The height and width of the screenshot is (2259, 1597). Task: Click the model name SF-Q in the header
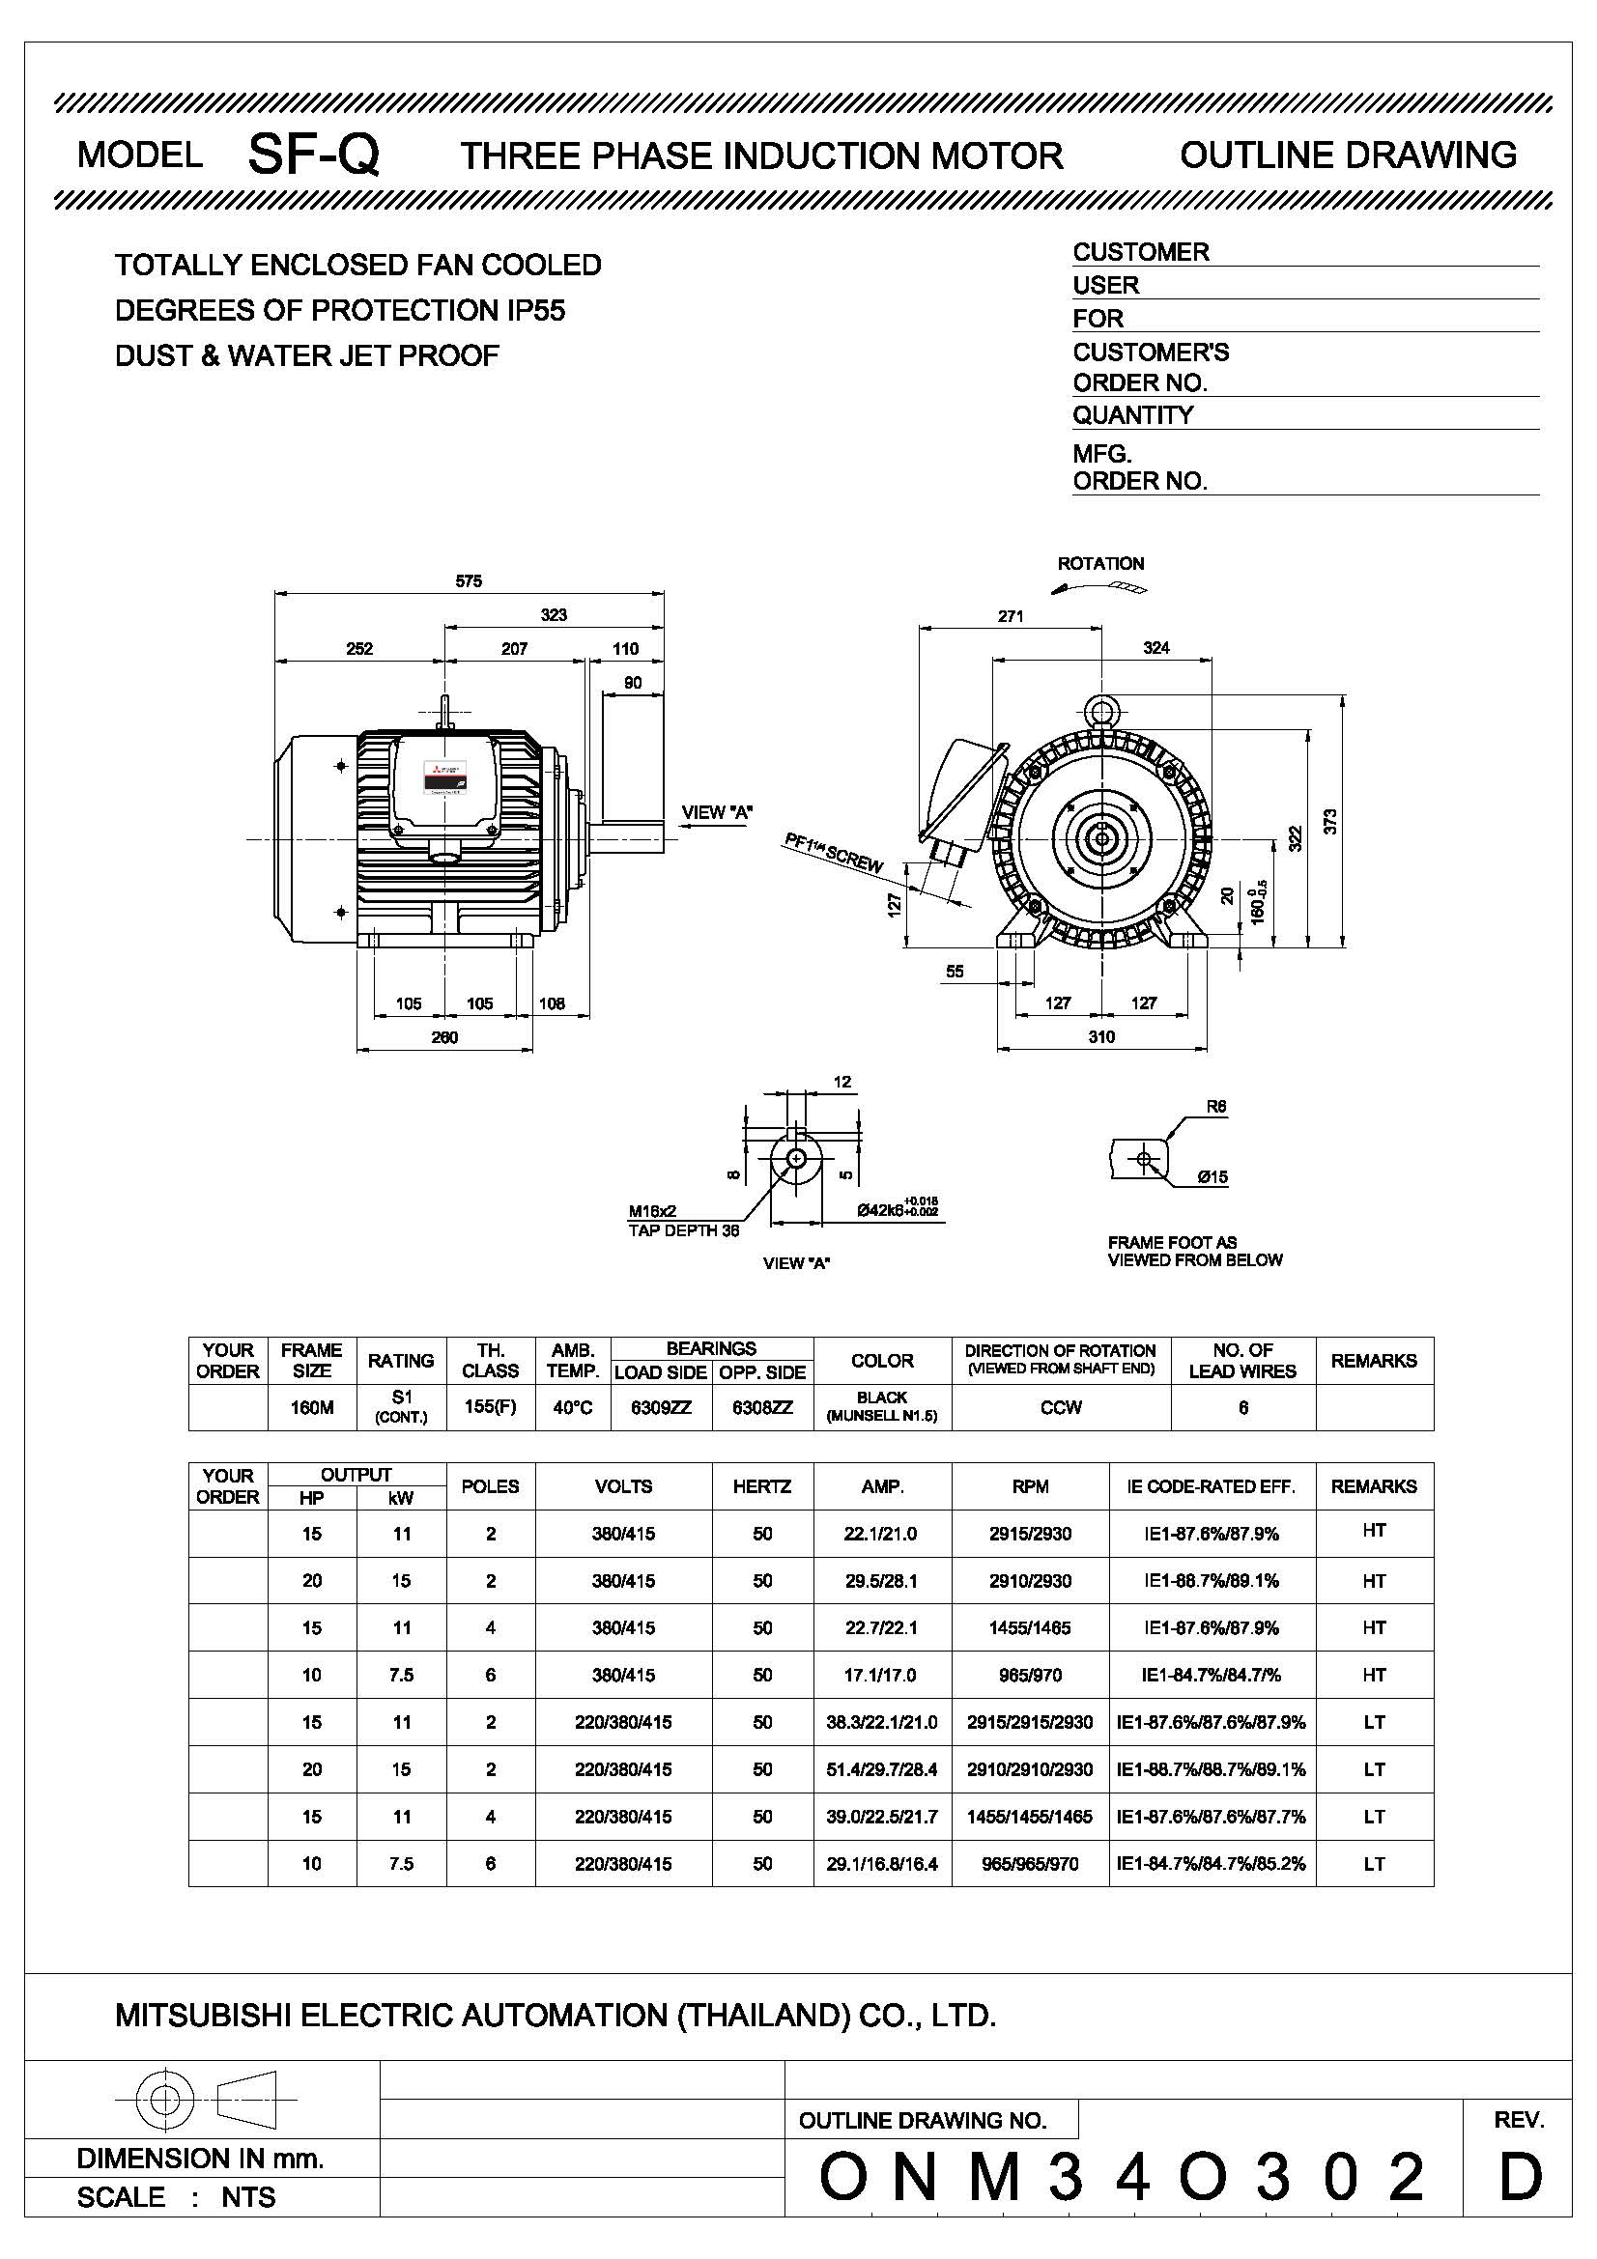coord(313,155)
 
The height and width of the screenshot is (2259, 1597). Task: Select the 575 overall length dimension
coord(469,581)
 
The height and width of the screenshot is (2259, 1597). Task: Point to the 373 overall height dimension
coord(1330,821)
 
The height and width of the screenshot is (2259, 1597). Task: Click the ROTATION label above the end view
coord(1100,564)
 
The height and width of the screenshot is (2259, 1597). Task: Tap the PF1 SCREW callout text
coord(833,852)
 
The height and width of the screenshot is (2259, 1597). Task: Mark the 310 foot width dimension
coord(1101,1036)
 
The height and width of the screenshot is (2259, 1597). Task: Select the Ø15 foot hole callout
coord(1212,1176)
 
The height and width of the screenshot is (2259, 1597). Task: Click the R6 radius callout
coord(1216,1106)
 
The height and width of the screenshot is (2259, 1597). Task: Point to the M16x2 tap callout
coord(652,1211)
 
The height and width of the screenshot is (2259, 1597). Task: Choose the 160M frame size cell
coord(311,1408)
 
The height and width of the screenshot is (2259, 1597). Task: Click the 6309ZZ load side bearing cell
coord(660,1408)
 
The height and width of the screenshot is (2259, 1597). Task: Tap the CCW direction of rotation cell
coord(1061,1408)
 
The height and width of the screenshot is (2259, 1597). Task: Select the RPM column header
coord(1029,1486)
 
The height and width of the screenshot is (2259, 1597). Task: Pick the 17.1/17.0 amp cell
coord(882,1675)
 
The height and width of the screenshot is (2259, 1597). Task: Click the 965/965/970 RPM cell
coord(1029,1863)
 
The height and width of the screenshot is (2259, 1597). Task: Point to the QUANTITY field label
coord(1132,415)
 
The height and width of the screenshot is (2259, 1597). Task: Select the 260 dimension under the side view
coord(444,1037)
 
